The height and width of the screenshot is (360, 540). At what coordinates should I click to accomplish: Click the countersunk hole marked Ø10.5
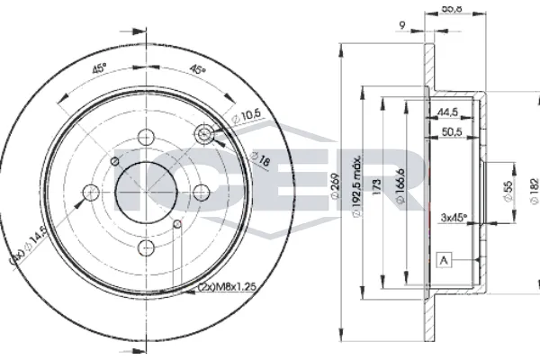(206, 134)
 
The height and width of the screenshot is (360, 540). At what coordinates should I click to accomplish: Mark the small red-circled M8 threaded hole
(177, 223)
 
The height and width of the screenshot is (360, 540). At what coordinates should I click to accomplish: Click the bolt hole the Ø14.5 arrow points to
(92, 191)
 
